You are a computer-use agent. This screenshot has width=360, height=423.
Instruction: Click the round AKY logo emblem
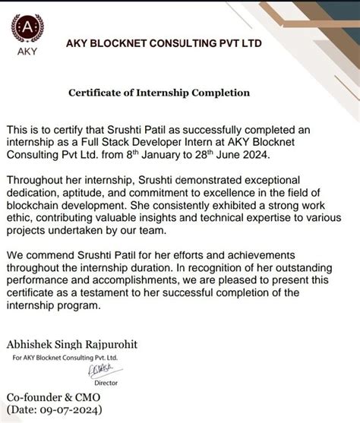pyautogui.click(x=27, y=30)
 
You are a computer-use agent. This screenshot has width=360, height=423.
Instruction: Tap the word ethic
pyautogui.click(x=19, y=218)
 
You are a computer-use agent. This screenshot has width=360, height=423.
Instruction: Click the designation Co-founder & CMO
pyautogui.click(x=53, y=397)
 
